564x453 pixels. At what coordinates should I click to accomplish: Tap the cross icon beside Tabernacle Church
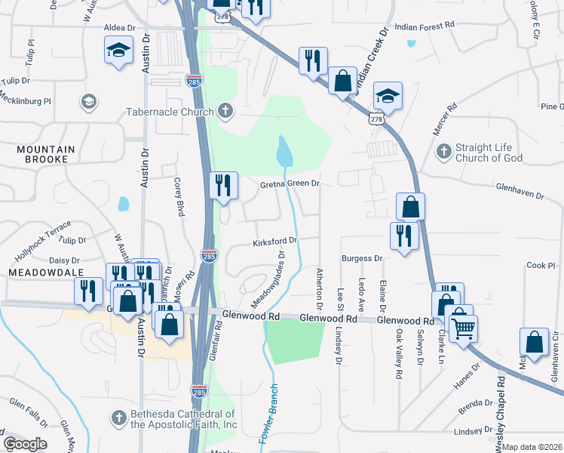pyautogui.click(x=224, y=112)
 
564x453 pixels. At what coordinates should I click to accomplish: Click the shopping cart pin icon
pyautogui.click(x=463, y=327)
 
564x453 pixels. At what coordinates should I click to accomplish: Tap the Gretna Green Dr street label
pyautogui.click(x=290, y=183)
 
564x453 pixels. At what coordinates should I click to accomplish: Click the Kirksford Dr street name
pyautogui.click(x=274, y=242)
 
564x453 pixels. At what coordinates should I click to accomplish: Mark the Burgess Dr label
pyautogui.click(x=363, y=259)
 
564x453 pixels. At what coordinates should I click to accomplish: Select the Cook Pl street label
pyautogui.click(x=541, y=266)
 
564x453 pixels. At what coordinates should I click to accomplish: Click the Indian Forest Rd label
pyautogui.click(x=425, y=25)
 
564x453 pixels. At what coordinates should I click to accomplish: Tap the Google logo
pyautogui.click(x=25, y=443)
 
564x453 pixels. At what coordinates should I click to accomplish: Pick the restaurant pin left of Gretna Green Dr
pyautogui.click(x=223, y=186)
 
